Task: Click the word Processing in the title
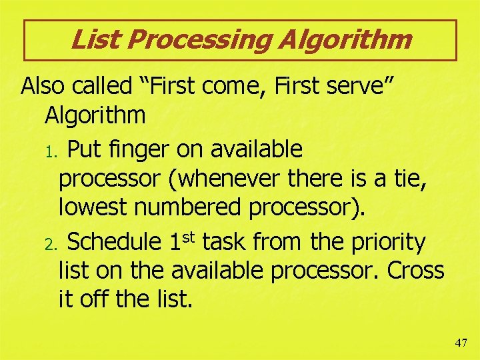tap(199, 40)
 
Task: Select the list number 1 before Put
tap(55, 151)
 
